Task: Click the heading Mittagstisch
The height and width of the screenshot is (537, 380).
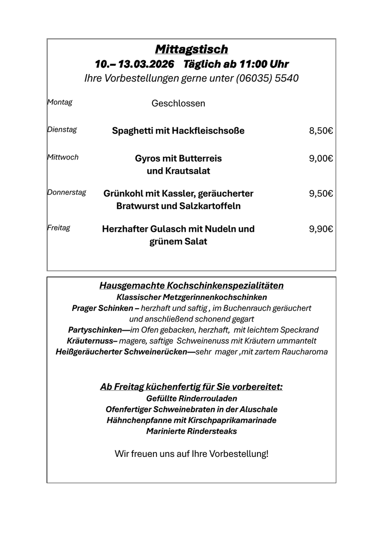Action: [191, 49]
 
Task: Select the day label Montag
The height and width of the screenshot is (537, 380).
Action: [60, 102]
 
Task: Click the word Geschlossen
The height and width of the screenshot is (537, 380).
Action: [178, 103]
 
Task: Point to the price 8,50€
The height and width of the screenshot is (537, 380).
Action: [321, 131]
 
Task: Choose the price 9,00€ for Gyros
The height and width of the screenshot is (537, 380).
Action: [321, 159]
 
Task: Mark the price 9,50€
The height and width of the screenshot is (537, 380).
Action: [321, 194]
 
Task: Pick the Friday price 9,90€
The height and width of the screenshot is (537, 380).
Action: [321, 229]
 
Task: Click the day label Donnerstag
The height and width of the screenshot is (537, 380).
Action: [67, 192]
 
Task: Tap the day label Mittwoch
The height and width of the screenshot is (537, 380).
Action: [63, 157]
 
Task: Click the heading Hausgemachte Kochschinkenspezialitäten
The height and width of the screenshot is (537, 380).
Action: [191, 286]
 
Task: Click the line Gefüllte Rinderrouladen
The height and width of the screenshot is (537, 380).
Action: [191, 399]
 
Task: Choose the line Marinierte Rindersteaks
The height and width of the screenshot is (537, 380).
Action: [191, 432]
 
